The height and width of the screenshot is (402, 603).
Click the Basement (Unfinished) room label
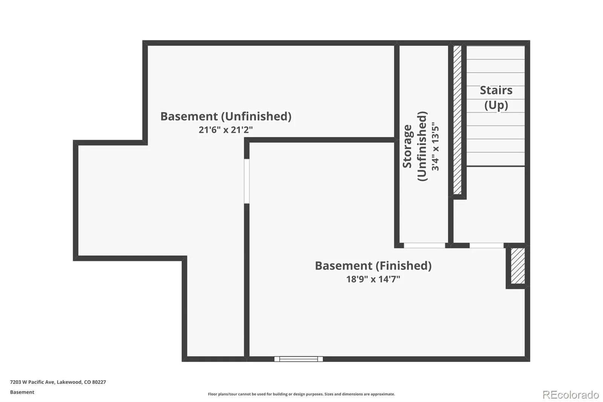pyautogui.click(x=226, y=116)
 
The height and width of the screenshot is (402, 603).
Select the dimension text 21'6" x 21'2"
pyautogui.click(x=226, y=130)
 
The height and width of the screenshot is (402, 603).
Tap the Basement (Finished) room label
pyautogui.click(x=373, y=266)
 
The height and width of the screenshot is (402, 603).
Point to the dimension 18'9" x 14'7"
pyautogui.click(x=373, y=279)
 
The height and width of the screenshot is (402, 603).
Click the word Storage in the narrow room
pyautogui.click(x=407, y=146)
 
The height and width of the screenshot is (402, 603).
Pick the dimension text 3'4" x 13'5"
pyautogui.click(x=435, y=146)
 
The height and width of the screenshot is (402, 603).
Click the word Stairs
pyautogui.click(x=496, y=91)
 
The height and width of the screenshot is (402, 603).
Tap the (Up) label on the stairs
pyautogui.click(x=496, y=105)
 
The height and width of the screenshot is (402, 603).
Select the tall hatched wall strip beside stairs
pyautogui.click(x=457, y=120)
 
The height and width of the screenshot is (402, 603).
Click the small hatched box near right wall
pyautogui.click(x=517, y=266)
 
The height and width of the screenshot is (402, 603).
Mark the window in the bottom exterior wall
pyautogui.click(x=298, y=359)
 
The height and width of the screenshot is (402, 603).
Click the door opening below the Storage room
pyautogui.click(x=424, y=245)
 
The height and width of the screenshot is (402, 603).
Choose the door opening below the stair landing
pyautogui.click(x=487, y=245)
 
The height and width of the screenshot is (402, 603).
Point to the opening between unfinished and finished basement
pyautogui.click(x=246, y=181)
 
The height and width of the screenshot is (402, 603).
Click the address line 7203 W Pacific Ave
pyautogui.click(x=58, y=382)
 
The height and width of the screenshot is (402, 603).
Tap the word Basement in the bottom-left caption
pyautogui.click(x=22, y=392)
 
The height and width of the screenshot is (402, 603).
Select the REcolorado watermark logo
pyautogui.click(x=571, y=394)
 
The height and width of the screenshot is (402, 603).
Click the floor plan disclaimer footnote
pyautogui.click(x=301, y=394)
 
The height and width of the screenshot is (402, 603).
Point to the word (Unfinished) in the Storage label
pyautogui.click(x=422, y=146)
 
